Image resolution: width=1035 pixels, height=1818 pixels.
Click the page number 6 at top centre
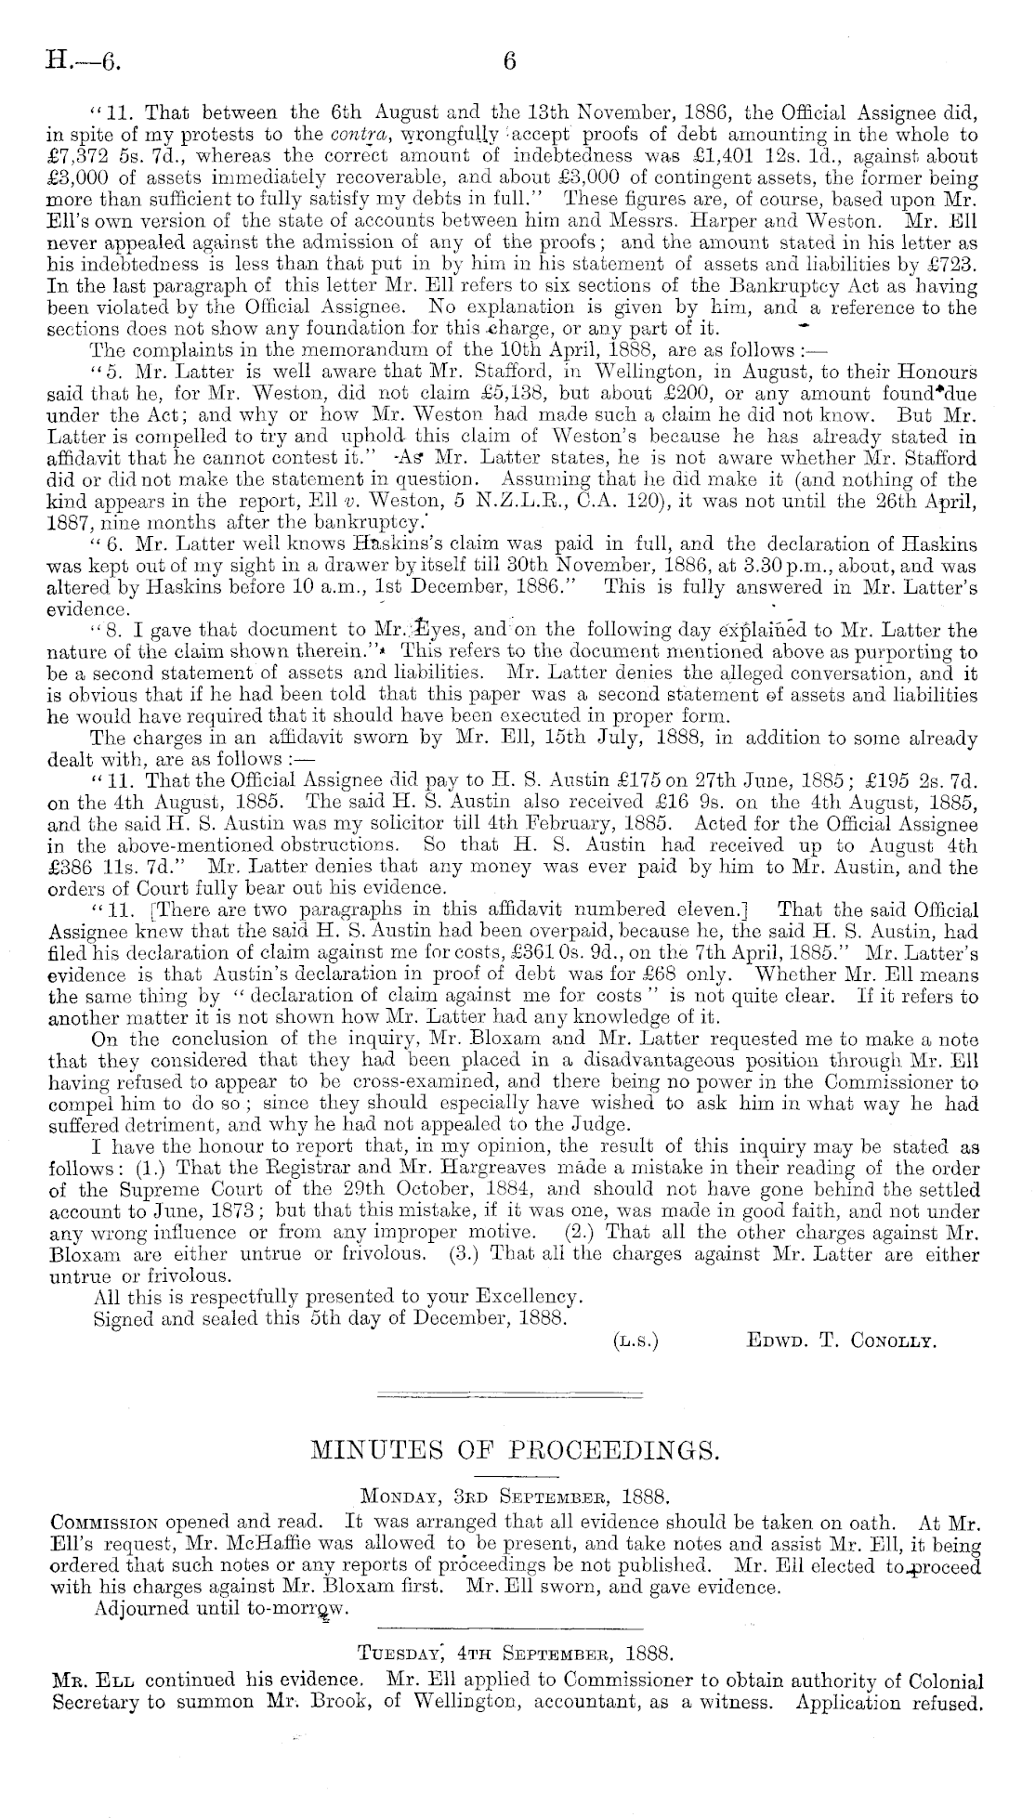tap(508, 61)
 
